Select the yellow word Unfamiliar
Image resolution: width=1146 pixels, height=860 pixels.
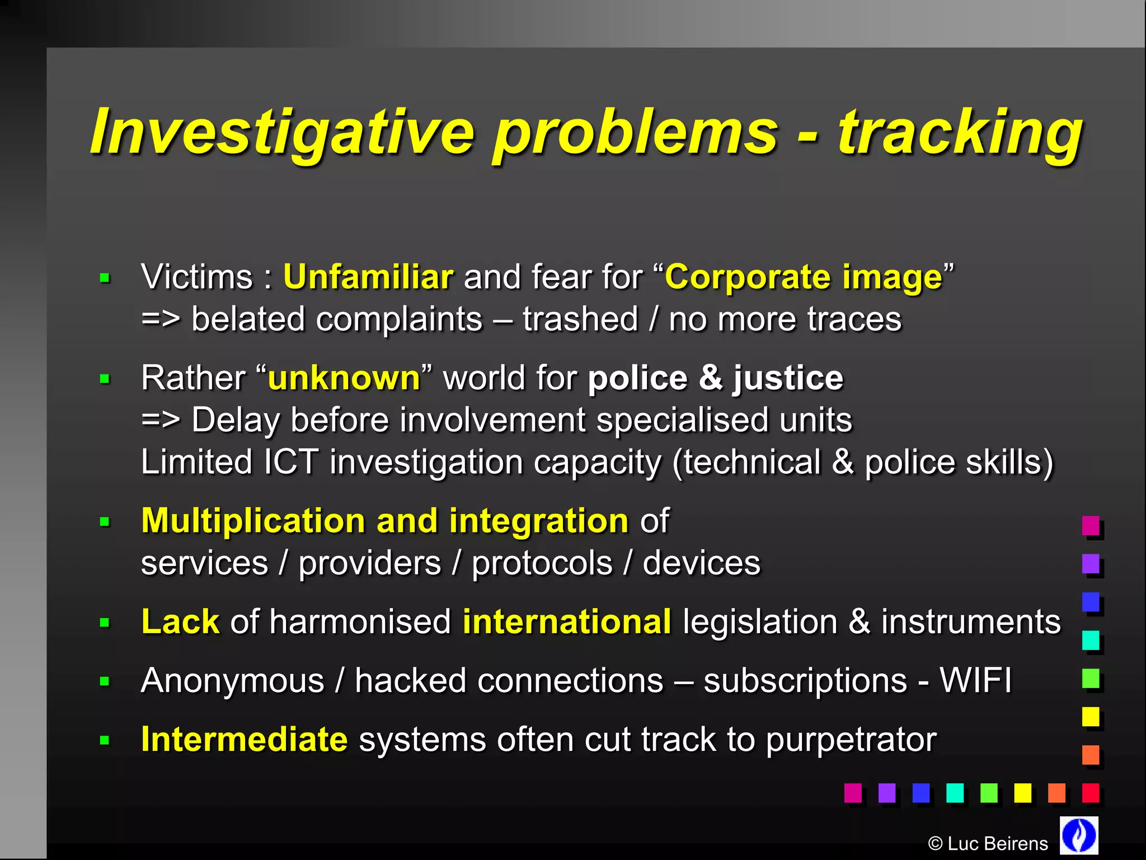(368, 277)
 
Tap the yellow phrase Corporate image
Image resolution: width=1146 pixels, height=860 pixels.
(804, 277)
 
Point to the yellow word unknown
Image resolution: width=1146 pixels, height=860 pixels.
(344, 378)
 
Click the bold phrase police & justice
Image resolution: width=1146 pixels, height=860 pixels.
(715, 378)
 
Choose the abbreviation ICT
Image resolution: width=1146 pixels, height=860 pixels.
(290, 462)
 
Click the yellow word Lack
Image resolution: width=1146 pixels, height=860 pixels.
(180, 621)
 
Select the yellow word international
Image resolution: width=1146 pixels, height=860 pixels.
(567, 621)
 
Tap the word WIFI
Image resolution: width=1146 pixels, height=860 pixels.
(975, 681)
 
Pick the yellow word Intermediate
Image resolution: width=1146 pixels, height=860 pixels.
(245, 739)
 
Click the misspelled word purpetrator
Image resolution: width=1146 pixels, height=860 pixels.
(851, 740)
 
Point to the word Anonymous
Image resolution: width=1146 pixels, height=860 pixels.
(232, 681)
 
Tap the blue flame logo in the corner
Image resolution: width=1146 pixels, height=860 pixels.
(1079, 835)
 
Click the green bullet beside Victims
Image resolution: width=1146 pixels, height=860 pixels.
(105, 278)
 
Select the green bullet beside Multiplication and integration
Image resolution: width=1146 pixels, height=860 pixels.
(105, 522)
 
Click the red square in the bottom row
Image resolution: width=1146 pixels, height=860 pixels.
(1091, 793)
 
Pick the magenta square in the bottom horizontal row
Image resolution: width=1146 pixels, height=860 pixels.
(853, 793)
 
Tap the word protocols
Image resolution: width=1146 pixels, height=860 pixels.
(542, 563)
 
